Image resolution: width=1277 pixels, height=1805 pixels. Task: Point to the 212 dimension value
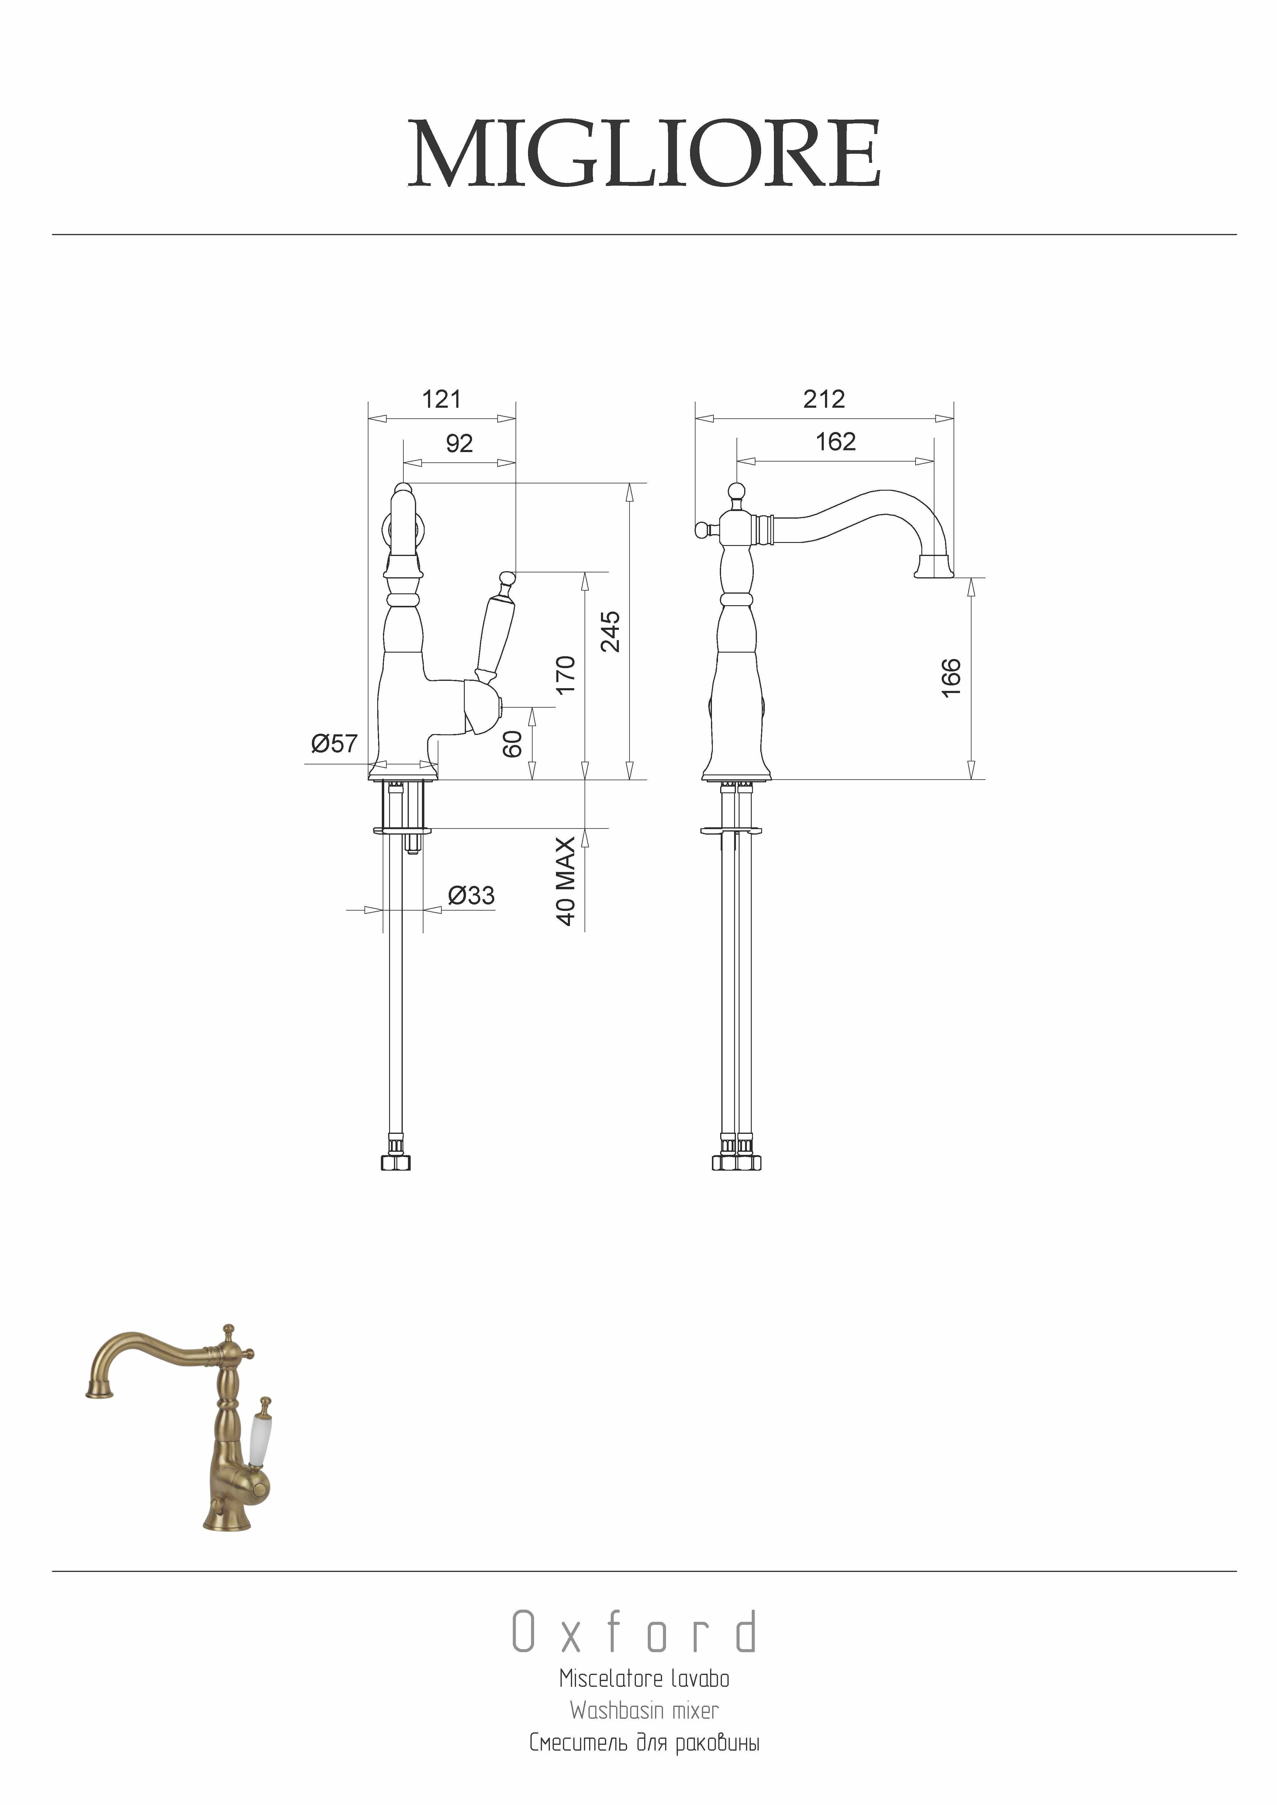coord(824,399)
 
